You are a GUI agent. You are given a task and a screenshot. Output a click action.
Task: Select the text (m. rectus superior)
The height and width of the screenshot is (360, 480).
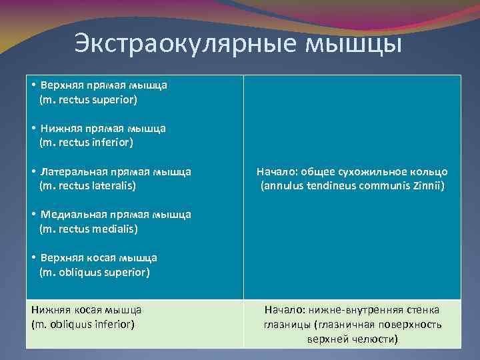[x=89, y=100]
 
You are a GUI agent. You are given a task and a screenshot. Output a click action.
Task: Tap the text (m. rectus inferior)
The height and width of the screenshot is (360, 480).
[x=87, y=142]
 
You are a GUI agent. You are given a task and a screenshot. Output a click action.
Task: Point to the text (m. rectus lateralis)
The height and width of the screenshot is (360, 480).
[x=88, y=185]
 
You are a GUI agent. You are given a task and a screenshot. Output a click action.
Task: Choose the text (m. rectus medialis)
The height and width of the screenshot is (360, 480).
[x=89, y=229]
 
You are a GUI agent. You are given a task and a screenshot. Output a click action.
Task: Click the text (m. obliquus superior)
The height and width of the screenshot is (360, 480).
[x=95, y=272]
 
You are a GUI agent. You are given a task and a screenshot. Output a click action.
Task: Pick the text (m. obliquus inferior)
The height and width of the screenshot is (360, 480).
[x=83, y=324]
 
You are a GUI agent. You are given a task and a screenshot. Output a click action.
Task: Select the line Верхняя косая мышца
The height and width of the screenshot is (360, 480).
[x=99, y=257]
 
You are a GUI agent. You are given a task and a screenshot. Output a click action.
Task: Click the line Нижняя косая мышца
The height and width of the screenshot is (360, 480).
[x=86, y=309]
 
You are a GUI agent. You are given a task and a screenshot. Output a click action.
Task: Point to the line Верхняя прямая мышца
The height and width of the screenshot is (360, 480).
[x=103, y=85]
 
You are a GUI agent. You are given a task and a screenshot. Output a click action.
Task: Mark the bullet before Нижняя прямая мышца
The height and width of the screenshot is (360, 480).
[x=33, y=128]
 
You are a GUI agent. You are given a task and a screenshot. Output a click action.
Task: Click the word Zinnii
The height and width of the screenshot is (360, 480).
[x=429, y=186]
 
